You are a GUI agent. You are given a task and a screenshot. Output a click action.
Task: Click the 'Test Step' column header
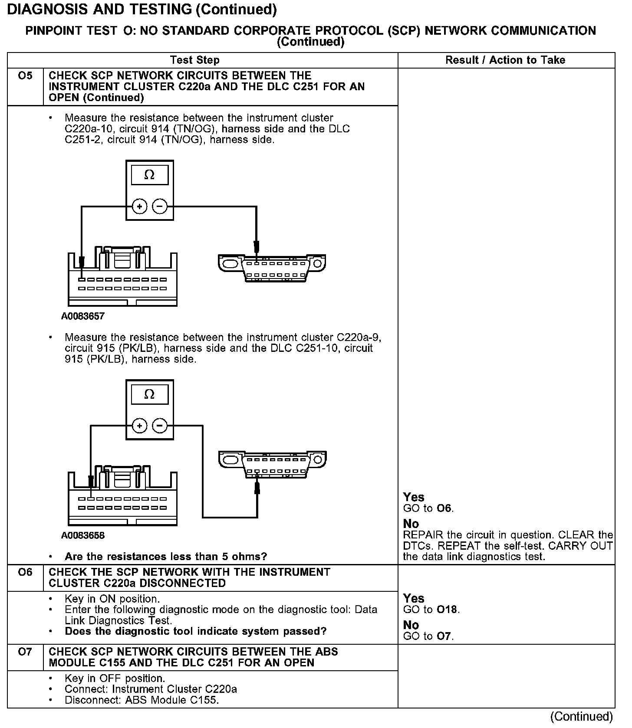[195, 60]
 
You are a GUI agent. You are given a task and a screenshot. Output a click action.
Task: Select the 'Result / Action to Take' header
[505, 60]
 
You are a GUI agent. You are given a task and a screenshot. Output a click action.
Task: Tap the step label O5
[25, 76]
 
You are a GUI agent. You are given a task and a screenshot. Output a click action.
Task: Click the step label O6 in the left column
[25, 572]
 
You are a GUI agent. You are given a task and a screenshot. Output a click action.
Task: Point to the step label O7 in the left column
[25, 652]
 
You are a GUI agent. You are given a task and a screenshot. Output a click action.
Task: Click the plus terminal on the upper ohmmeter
[140, 207]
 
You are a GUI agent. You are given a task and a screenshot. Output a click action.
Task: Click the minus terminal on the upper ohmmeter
[160, 207]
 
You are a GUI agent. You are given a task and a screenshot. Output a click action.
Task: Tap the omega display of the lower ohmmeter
[149, 394]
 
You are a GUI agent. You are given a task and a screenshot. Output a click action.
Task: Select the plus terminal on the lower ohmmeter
[140, 426]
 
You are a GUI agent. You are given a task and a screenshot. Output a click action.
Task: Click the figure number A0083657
[83, 316]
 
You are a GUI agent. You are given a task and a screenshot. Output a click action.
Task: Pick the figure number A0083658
[83, 536]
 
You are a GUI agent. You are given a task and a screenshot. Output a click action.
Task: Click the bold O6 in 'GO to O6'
[444, 508]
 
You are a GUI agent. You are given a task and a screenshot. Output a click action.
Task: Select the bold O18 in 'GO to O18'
[447, 610]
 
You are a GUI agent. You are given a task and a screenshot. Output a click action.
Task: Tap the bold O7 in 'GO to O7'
[444, 636]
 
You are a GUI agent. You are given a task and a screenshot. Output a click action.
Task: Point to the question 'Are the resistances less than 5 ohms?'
[166, 557]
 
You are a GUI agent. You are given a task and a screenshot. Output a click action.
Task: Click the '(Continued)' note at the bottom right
[581, 717]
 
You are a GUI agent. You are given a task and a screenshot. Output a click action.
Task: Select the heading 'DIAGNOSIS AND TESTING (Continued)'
[142, 10]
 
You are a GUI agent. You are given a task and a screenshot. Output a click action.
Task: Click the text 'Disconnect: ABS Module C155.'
[141, 700]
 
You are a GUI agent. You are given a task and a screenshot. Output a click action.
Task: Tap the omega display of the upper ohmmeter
[149, 175]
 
